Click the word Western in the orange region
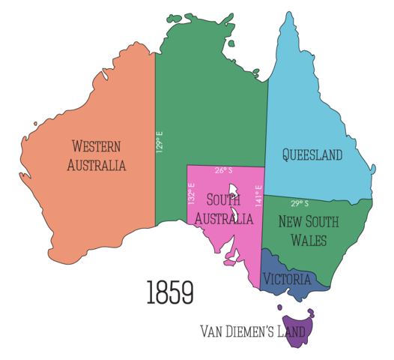point(96,146)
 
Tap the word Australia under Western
point(96,165)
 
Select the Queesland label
point(312,155)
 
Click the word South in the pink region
point(222,199)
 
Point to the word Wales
point(308,241)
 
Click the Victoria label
point(287,279)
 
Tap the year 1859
point(170,292)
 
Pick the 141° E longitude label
point(258,196)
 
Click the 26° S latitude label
point(223,171)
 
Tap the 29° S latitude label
point(300,203)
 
